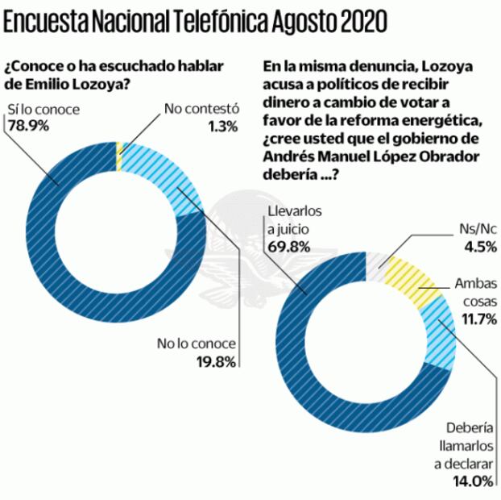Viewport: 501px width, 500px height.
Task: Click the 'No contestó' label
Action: tap(193, 108)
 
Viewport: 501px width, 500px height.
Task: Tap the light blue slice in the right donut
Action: tap(436, 331)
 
